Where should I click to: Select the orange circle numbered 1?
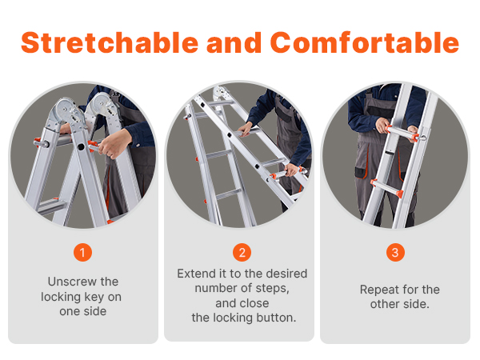pyautogui.click(x=82, y=253)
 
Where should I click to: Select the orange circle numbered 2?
pyautogui.click(x=242, y=253)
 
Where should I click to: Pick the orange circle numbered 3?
pyautogui.click(x=394, y=253)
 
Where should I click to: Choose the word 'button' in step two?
pyautogui.click(x=272, y=318)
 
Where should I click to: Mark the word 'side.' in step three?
pyautogui.click(x=416, y=304)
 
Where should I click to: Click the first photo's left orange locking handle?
pyautogui.click(x=42, y=142)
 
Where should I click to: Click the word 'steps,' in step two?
pyautogui.click(x=271, y=289)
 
